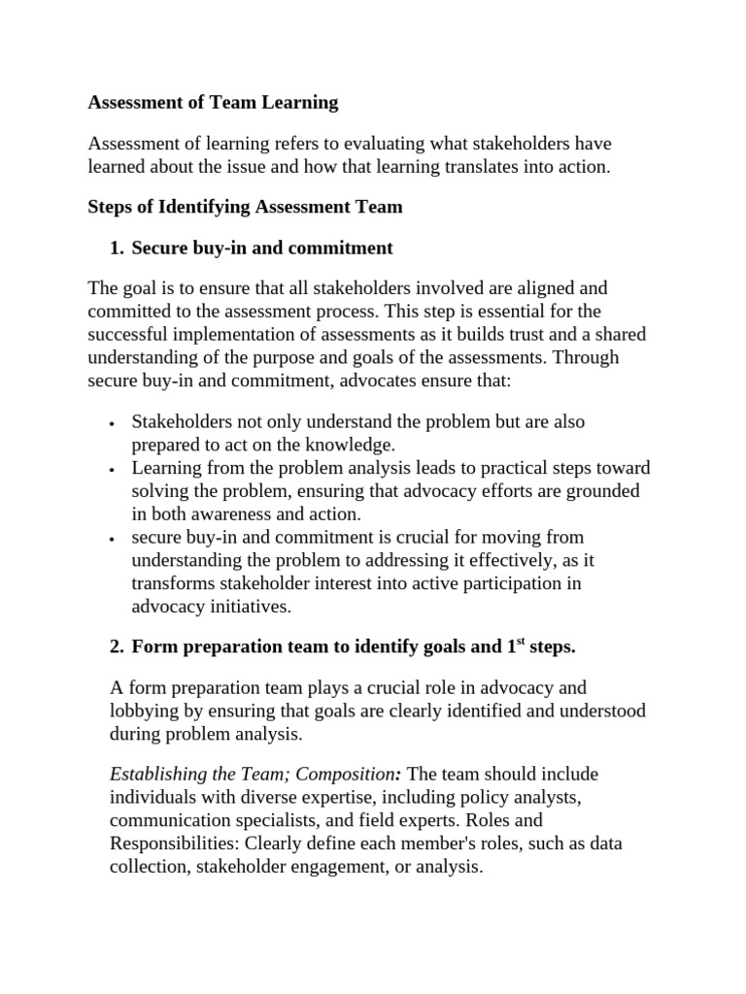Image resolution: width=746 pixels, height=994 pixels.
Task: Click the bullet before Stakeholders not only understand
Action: (x=113, y=424)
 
